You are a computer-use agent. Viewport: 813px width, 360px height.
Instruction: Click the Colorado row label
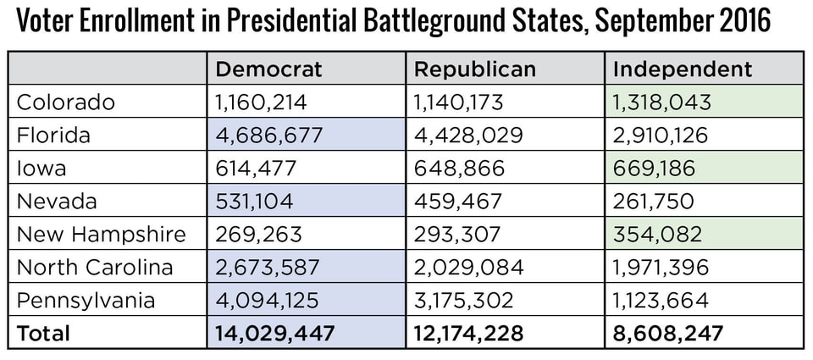pos(66,102)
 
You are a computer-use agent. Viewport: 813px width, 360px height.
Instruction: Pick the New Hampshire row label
pos(101,235)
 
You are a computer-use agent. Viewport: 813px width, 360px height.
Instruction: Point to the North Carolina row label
pos(95,268)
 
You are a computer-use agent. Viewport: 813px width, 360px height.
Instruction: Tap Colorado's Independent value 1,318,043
pos(661,102)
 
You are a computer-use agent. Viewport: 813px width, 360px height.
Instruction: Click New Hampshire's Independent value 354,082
pos(655,235)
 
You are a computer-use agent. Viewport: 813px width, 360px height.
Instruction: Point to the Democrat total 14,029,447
pos(274,334)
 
